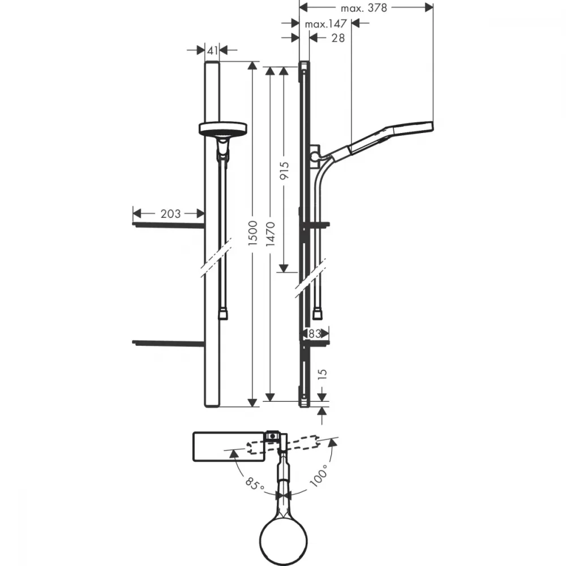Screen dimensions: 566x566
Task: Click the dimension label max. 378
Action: tap(363, 8)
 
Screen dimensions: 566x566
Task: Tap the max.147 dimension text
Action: tap(325, 24)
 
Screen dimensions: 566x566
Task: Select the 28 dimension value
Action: tap(338, 38)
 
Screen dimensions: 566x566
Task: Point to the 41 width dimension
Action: tap(212, 50)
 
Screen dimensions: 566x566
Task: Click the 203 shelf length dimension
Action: tap(170, 214)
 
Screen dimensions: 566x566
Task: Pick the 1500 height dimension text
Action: tap(253, 234)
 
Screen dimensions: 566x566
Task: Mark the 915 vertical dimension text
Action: tap(284, 171)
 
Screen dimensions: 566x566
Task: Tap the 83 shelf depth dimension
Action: tap(314, 334)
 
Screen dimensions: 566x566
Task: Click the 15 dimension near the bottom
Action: tap(323, 374)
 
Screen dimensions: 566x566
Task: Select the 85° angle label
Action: tap(255, 484)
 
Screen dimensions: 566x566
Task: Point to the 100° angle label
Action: tap(319, 476)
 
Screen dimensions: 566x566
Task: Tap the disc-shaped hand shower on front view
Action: tap(222, 128)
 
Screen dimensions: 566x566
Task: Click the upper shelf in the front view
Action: tap(169, 225)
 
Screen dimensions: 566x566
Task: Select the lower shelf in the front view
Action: tap(169, 343)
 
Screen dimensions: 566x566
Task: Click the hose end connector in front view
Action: tap(222, 314)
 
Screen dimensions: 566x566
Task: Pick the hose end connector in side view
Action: tap(318, 314)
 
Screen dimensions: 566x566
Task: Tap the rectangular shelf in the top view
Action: tap(229, 447)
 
